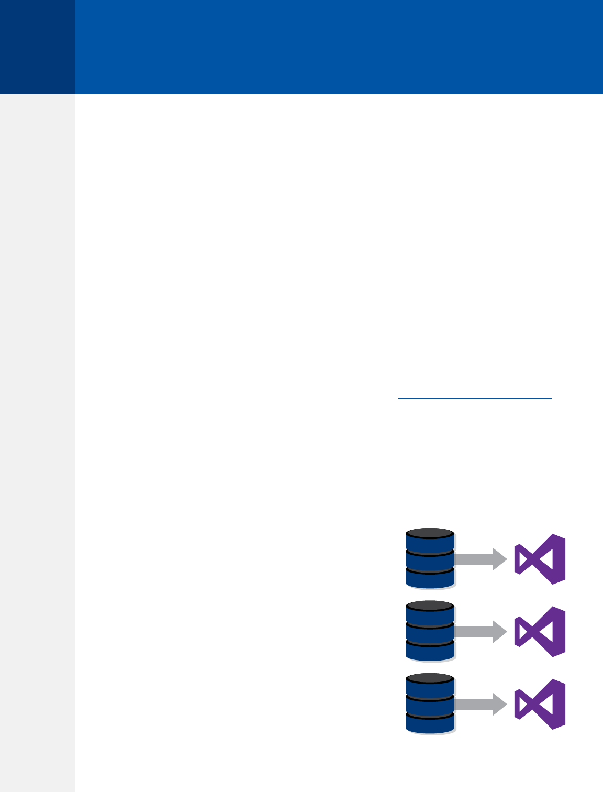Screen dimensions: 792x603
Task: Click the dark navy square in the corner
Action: click(x=37, y=47)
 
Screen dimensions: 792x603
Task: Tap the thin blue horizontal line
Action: click(x=475, y=399)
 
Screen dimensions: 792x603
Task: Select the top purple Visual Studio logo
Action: click(x=540, y=559)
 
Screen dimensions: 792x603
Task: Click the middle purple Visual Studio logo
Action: click(x=540, y=632)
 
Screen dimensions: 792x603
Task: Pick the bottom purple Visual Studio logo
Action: click(x=540, y=705)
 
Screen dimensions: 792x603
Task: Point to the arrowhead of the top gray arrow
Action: click(x=500, y=559)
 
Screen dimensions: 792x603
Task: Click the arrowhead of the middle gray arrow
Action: click(x=500, y=632)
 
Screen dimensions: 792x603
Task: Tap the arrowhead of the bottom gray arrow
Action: click(x=500, y=705)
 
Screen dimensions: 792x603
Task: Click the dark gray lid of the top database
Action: click(x=430, y=533)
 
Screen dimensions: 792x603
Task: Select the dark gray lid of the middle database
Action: click(x=430, y=606)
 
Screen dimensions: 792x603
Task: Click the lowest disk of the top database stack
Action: click(x=430, y=579)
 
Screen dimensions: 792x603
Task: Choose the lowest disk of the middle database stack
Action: click(x=430, y=652)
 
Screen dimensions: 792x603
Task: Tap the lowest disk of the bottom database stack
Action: click(x=430, y=725)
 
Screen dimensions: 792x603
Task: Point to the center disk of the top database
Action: click(x=430, y=562)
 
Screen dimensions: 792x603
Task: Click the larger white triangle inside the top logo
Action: click(x=546, y=559)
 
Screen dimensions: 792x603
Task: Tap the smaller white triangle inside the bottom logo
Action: click(x=521, y=705)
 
